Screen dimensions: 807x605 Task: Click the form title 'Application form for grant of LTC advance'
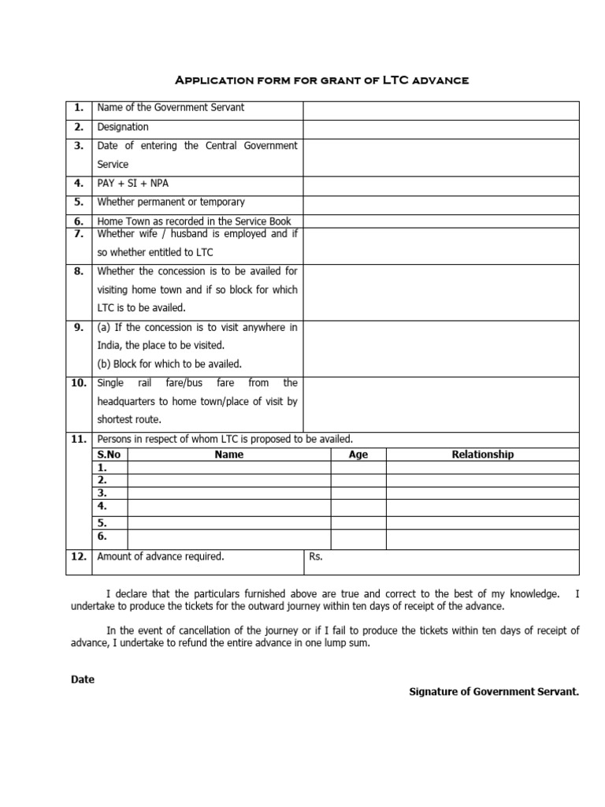click(321, 81)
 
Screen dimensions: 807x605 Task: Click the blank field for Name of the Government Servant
click(441, 108)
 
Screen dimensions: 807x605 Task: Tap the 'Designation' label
click(123, 127)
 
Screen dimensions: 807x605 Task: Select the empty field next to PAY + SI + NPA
click(441, 183)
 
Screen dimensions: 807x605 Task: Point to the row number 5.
click(79, 202)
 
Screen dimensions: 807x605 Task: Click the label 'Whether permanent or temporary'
click(171, 202)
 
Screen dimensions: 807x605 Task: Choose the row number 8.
click(79, 271)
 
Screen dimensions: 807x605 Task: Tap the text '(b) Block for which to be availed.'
click(169, 363)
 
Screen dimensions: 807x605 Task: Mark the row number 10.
click(79, 383)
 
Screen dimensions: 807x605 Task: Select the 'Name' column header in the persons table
click(228, 454)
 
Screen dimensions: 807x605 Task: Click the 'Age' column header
click(358, 454)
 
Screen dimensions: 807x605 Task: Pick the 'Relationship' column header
click(482, 454)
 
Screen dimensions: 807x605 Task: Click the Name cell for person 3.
click(228, 493)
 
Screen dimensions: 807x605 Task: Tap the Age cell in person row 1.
click(358, 467)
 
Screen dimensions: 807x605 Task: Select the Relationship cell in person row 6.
click(482, 537)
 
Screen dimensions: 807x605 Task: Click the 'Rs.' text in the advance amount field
click(316, 556)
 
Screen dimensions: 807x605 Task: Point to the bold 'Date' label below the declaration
click(83, 679)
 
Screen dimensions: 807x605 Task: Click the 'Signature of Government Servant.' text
click(494, 692)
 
